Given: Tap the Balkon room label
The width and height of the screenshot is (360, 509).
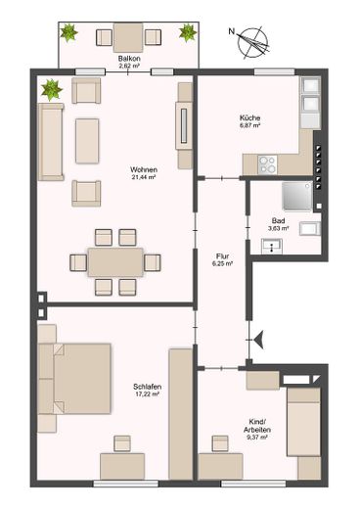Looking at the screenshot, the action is coord(129,59).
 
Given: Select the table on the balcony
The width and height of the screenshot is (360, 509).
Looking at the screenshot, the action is coord(128,37).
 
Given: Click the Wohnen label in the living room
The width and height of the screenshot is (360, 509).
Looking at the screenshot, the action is coord(144,169).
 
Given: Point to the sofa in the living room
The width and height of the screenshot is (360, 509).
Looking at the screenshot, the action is coord(51,142).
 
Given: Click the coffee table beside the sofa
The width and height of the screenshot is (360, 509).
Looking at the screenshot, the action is coord(87,141).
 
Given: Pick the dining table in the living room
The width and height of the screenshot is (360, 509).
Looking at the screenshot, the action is coord(115,262).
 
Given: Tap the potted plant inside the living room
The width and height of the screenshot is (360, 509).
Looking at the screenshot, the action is coord(51,89).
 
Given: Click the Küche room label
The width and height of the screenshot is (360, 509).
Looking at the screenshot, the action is coord(249,117).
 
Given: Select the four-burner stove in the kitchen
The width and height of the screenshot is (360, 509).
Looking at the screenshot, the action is coord(268,164).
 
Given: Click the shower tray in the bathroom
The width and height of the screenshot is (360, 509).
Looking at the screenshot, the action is coord(297,196).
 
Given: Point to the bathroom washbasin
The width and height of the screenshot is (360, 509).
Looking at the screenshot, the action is coord(272,247).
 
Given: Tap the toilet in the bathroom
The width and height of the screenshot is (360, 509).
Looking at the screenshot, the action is coord(310,228).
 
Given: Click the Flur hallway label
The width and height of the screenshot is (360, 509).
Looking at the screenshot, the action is coord(222,256).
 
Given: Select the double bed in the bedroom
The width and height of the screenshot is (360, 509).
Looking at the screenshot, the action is coord(74,379).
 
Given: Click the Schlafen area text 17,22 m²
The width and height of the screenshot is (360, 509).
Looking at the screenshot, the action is coord(147,394).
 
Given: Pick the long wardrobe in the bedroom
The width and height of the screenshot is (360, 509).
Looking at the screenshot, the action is coord(181,414).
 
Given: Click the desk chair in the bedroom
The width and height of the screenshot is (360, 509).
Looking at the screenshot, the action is coord(122,443).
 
